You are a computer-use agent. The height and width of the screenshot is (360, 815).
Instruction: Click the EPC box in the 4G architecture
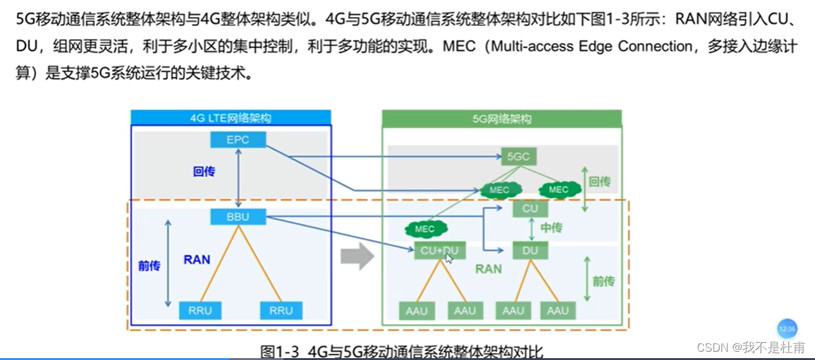point(238,140)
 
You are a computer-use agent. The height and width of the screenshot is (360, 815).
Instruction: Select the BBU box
point(238,217)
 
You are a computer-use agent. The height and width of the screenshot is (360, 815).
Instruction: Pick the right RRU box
point(281,310)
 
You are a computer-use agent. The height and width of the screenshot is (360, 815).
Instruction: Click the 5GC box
point(518,156)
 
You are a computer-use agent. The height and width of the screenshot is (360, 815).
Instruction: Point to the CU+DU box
point(439,251)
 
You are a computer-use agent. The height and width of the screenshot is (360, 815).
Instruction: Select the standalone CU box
point(530,208)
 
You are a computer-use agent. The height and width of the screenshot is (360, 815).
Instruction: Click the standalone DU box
point(530,251)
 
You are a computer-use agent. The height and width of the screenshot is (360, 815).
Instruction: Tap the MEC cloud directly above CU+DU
point(425,229)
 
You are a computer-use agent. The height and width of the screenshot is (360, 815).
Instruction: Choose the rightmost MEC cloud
point(558,189)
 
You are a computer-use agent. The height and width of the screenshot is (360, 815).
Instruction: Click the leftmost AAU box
point(417,310)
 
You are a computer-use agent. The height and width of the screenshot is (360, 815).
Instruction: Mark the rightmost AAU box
point(558,310)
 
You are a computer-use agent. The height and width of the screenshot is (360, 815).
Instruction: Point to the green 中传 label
point(552,228)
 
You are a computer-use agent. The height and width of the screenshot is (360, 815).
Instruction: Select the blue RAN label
point(196,259)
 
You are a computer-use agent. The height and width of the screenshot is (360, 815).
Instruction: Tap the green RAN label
point(488,269)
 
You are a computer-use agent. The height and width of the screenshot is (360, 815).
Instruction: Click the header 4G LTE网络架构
point(231,118)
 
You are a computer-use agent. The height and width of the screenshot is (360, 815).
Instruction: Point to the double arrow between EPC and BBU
point(238,179)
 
